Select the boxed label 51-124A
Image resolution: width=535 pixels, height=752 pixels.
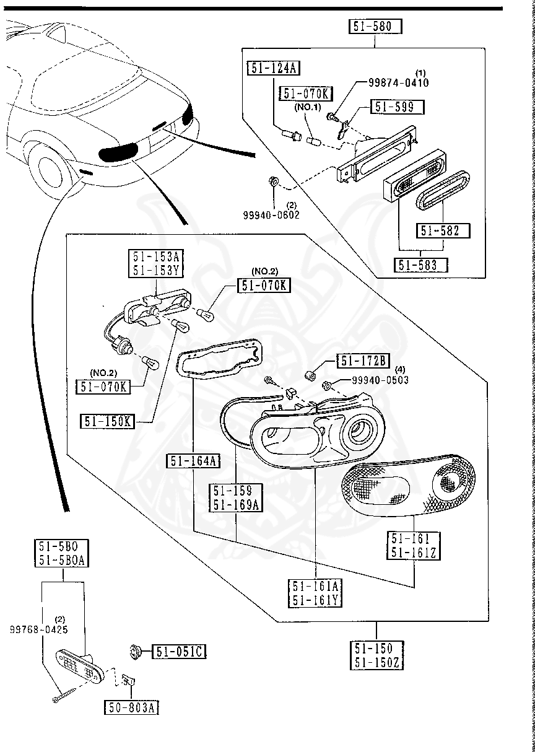[x=273, y=68]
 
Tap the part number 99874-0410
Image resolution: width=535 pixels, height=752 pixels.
[x=398, y=82]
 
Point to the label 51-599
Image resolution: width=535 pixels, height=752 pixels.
[x=398, y=107]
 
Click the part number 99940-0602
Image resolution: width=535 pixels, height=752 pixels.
[x=271, y=214]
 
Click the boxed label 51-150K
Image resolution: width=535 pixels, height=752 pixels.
[x=107, y=422]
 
